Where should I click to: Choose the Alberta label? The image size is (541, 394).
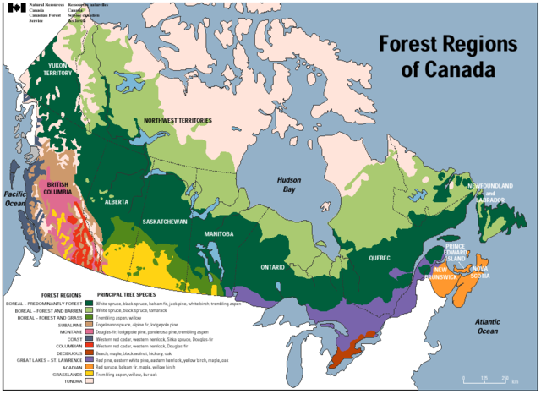(117, 203)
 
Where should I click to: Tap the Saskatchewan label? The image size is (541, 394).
(166, 221)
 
